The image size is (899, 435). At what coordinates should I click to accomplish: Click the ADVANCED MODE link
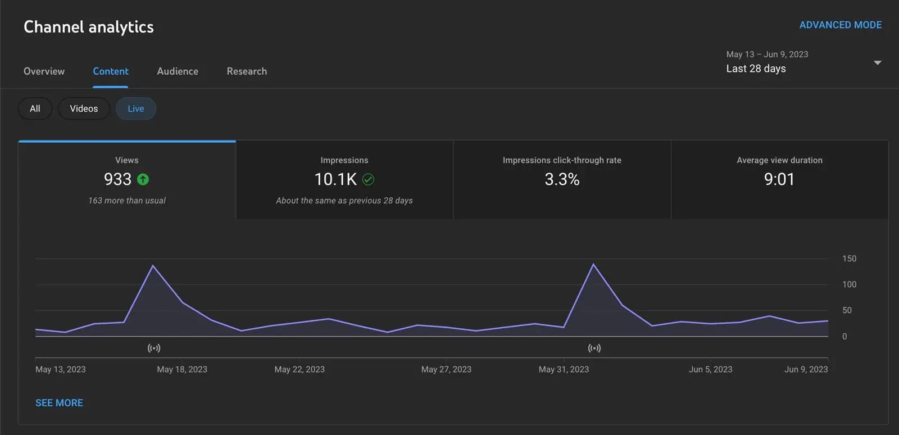(840, 25)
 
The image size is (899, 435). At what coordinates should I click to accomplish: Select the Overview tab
(44, 71)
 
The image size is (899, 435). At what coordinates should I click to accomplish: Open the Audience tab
(178, 71)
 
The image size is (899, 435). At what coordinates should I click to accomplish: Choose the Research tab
(247, 71)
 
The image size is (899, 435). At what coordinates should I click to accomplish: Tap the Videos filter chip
(84, 108)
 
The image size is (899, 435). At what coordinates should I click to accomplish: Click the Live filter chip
(135, 108)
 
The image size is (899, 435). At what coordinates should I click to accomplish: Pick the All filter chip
(35, 108)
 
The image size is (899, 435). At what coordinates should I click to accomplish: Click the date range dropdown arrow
(877, 62)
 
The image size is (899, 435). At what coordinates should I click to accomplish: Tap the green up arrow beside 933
(143, 179)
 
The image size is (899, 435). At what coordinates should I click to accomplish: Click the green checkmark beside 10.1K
(368, 179)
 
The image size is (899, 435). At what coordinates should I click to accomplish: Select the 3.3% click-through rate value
(562, 179)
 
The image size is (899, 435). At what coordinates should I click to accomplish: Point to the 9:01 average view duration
(779, 179)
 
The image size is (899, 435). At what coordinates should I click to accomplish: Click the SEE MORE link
(59, 403)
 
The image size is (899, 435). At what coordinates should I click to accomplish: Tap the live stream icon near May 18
(154, 348)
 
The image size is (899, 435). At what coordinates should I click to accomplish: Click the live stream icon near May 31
(594, 348)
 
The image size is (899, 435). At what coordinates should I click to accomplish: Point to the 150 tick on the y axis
(849, 259)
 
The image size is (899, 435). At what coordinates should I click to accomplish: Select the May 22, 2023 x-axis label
(299, 369)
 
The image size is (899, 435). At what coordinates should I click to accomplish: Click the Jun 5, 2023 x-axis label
(710, 369)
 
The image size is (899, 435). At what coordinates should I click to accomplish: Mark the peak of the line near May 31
(593, 264)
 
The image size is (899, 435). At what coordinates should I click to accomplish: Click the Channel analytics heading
(89, 27)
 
